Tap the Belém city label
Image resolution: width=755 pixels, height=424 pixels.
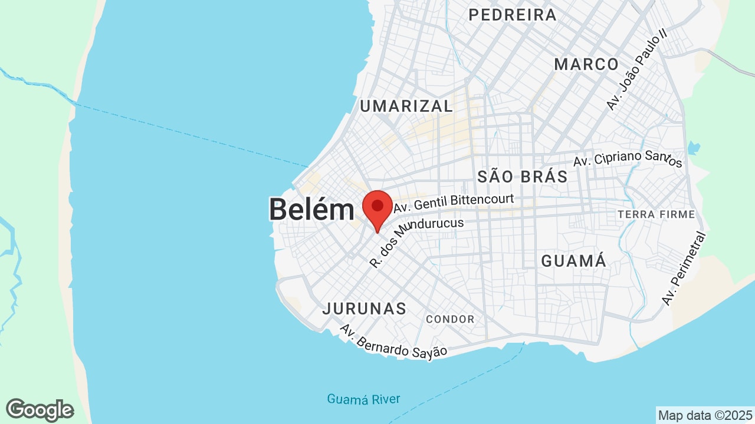pyautogui.click(x=311, y=210)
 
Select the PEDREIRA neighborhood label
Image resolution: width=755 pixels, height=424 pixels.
pyautogui.click(x=513, y=15)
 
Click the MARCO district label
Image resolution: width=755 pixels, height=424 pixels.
pyautogui.click(x=586, y=64)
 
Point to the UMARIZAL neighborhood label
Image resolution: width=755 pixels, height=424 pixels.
pyautogui.click(x=406, y=106)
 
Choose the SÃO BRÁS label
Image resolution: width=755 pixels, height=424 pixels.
pyautogui.click(x=522, y=176)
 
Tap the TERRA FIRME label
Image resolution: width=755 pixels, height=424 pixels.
pyautogui.click(x=656, y=214)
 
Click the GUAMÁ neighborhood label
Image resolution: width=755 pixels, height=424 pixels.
pyautogui.click(x=573, y=261)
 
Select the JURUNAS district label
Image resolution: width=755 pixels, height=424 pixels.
pyautogui.click(x=365, y=309)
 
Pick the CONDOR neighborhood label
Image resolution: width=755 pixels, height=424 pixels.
pyautogui.click(x=450, y=319)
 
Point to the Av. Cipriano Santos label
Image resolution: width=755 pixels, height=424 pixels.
pyautogui.click(x=628, y=159)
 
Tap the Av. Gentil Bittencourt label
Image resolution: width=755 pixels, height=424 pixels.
pyautogui.click(x=454, y=203)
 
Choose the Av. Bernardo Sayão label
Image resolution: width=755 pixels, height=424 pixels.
pyautogui.click(x=393, y=342)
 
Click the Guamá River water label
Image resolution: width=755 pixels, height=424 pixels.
pyautogui.click(x=363, y=399)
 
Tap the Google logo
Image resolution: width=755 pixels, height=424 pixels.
pyautogui.click(x=40, y=410)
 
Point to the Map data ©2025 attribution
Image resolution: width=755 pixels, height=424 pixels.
pyautogui.click(x=705, y=415)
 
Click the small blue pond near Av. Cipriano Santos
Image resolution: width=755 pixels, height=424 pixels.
pyautogui.click(x=694, y=147)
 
